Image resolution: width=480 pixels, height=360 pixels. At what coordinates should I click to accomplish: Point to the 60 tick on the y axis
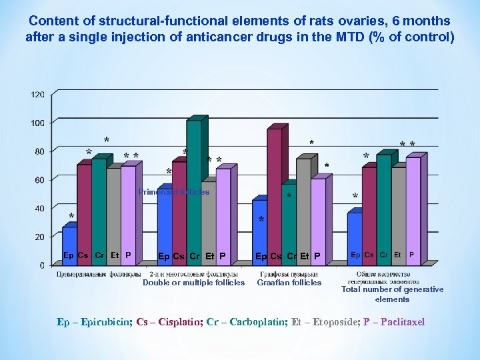[x=39, y=180]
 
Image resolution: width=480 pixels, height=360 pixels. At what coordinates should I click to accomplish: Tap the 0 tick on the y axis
[x=42, y=265]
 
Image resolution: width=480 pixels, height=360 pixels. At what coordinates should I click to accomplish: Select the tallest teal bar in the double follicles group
[x=194, y=190]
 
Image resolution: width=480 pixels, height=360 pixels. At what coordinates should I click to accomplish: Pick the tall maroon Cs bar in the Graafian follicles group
[x=274, y=193]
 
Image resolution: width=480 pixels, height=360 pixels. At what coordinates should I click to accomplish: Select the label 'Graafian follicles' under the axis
[x=289, y=283]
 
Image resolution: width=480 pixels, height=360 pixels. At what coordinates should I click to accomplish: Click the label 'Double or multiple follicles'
[x=193, y=283]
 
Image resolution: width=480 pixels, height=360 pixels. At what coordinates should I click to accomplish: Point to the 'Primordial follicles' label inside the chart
[x=173, y=192]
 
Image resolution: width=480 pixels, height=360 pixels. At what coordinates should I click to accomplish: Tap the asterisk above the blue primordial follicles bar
[x=71, y=217]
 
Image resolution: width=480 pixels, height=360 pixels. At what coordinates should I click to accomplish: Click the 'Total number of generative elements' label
[x=392, y=294]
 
